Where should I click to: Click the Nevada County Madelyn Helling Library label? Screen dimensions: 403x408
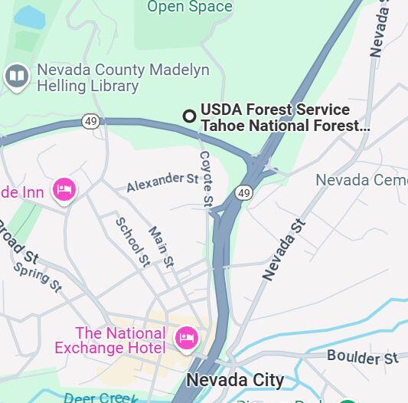122,77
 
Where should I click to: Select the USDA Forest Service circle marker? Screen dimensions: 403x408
189,116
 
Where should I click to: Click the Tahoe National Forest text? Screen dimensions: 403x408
285,126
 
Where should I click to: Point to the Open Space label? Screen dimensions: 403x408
189,7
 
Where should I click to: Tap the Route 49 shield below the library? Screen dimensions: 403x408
91,121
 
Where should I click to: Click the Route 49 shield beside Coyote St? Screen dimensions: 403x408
244,192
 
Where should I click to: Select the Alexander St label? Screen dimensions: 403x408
162,182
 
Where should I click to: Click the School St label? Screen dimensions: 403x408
132,242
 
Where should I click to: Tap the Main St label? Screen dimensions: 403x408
161,246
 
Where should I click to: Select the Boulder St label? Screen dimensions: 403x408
363,357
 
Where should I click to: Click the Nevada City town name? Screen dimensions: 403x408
235,380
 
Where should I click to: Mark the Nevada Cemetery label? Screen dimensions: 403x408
361,180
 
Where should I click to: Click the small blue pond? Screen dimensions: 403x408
29,16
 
